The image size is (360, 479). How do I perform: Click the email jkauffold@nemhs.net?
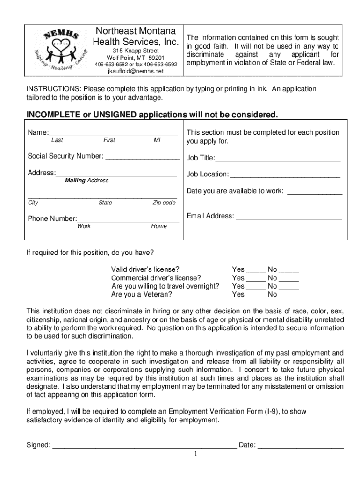(136, 71)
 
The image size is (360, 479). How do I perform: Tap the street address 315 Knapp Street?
(136, 51)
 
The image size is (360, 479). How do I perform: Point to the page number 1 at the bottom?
(197, 454)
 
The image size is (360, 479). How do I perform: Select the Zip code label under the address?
(164, 203)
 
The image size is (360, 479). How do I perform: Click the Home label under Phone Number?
(159, 226)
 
